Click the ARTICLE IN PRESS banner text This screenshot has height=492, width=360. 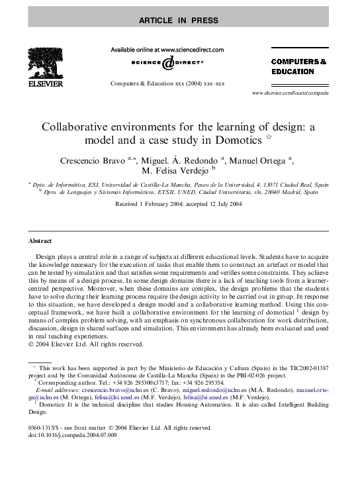coord(178,21)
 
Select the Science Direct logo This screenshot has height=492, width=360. coord(167,63)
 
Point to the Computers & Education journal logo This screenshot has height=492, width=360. coord(298,66)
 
